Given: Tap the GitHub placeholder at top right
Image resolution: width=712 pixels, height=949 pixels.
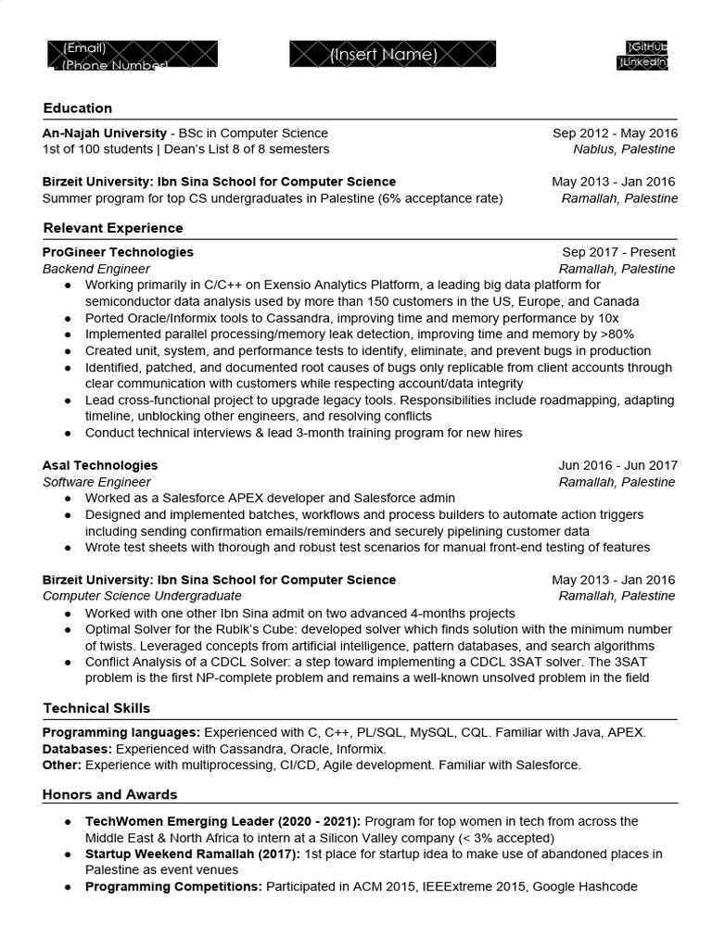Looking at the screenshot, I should click(x=648, y=46).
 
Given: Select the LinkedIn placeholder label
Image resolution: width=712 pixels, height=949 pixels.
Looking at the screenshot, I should click(x=643, y=62).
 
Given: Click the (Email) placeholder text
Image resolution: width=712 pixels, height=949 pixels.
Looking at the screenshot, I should click(x=84, y=47).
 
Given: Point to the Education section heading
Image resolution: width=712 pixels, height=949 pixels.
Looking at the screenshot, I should click(x=78, y=108).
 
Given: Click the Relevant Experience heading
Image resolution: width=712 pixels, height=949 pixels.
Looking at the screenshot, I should click(x=113, y=228).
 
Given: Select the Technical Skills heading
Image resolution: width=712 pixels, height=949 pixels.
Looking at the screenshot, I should click(x=96, y=709).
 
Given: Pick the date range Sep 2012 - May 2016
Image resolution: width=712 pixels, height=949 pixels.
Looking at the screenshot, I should click(x=615, y=133).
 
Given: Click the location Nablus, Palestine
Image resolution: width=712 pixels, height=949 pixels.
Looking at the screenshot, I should click(x=624, y=149).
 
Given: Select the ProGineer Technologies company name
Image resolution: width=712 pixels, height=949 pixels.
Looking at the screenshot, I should click(x=118, y=252).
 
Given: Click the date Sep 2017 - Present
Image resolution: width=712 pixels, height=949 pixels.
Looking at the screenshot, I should click(x=618, y=252).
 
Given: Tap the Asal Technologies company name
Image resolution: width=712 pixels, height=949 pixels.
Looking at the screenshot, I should click(x=100, y=465).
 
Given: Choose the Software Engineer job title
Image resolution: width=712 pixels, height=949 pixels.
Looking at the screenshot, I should click(x=96, y=482).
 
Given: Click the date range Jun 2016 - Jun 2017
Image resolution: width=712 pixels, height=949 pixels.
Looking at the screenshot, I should click(x=617, y=465).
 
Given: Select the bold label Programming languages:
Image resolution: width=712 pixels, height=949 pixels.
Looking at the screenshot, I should click(x=121, y=732).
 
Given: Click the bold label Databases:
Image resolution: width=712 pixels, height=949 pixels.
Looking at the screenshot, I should click(x=78, y=749).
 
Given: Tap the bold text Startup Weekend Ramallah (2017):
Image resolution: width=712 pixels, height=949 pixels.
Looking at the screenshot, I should click(x=192, y=854).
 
